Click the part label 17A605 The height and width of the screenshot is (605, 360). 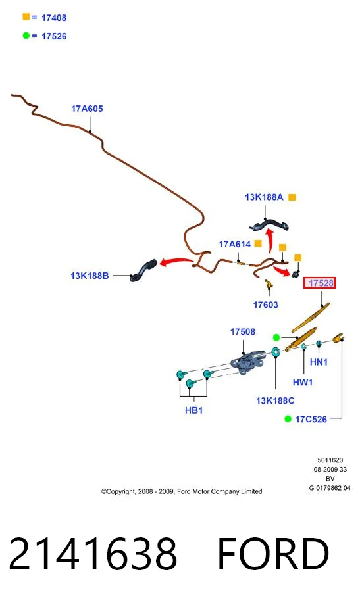(x=87, y=109)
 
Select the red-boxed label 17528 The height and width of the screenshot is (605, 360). (x=319, y=283)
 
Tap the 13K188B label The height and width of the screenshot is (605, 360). (x=90, y=276)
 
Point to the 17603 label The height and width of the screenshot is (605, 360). (x=265, y=305)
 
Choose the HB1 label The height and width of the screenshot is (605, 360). (x=193, y=410)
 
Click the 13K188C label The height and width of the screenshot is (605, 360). (x=275, y=401)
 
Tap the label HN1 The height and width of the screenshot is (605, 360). (x=319, y=362)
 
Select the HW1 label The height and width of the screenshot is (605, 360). (x=303, y=382)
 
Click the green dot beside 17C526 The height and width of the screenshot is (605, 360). (x=288, y=419)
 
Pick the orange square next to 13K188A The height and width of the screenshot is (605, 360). (x=292, y=197)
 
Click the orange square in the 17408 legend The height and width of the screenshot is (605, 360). (x=26, y=16)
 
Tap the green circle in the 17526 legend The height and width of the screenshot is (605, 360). (x=26, y=36)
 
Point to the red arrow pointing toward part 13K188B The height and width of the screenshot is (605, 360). (x=176, y=262)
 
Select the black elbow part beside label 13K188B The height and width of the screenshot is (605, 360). (x=143, y=270)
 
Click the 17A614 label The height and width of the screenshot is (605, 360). (x=235, y=244)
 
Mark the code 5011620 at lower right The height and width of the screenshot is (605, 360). (x=330, y=460)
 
